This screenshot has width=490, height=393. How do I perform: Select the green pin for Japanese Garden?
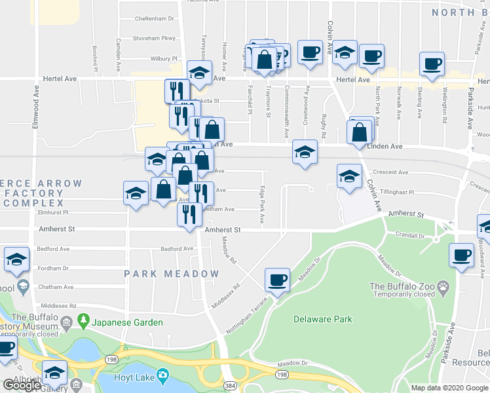[x=83, y=321]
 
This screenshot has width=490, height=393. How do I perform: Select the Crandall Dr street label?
[x=410, y=234]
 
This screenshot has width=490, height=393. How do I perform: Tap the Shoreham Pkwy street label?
[x=155, y=38]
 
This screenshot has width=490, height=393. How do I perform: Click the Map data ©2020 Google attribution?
[x=449, y=388]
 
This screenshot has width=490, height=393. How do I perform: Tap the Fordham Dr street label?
[x=54, y=268]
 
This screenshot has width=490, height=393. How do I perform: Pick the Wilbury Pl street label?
[x=164, y=58]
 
